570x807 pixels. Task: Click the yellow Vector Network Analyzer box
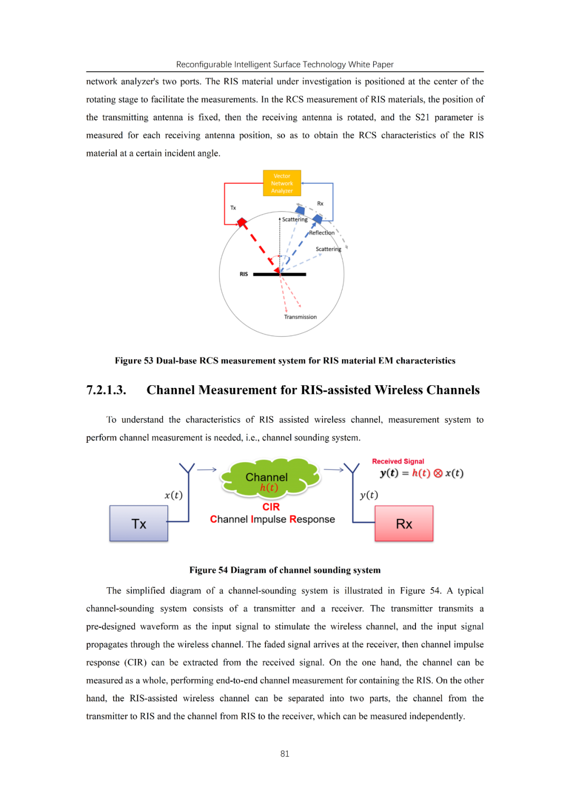282,183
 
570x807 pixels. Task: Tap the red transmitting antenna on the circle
242,222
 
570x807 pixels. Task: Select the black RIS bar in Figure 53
280,274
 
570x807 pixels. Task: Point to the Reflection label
322,233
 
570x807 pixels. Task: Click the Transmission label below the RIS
300,317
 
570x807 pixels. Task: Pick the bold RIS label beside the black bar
243,274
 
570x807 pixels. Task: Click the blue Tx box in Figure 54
139,524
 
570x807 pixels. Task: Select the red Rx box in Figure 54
404,524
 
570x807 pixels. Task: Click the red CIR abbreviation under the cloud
271,507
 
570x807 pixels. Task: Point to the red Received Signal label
398,461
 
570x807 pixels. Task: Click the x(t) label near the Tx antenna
173,495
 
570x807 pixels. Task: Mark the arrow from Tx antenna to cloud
206,469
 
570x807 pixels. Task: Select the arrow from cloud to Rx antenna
334,469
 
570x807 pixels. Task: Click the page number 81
285,754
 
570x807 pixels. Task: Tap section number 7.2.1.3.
106,390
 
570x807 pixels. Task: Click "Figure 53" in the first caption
134,360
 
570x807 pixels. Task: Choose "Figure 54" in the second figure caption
208,570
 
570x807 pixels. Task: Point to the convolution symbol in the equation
438,474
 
